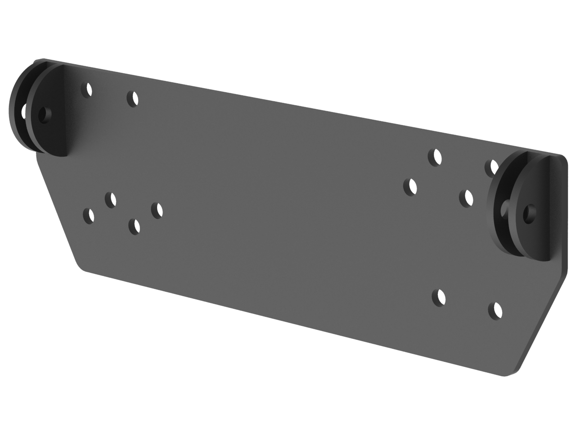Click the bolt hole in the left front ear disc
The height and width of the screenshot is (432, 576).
tap(44, 115)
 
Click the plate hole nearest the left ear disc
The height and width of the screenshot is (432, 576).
tap(87, 89)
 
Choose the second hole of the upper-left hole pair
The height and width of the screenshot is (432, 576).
tap(132, 99)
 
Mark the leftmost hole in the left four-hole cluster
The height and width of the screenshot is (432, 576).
tap(90, 216)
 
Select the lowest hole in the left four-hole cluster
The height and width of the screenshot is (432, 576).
tap(134, 226)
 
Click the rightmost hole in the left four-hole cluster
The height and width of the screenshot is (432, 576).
tap(157, 210)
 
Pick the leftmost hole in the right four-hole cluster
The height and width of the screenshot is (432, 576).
tap(410, 186)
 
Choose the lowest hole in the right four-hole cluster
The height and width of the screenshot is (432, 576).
tap(466, 197)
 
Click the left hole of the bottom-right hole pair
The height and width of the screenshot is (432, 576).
tap(439, 297)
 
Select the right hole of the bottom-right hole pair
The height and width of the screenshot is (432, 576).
tap(495, 310)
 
